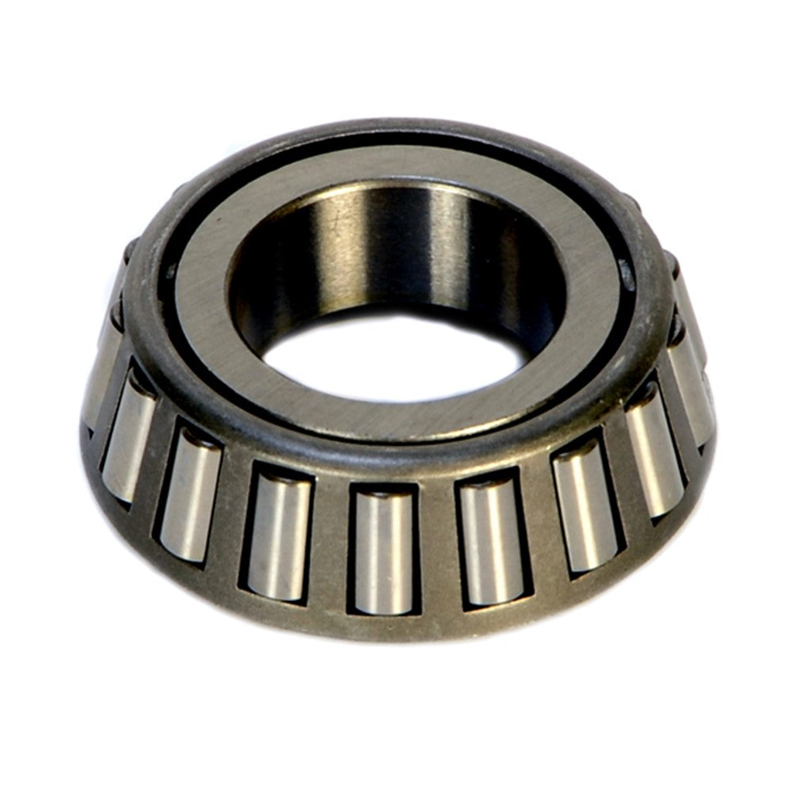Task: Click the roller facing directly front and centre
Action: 383,550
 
